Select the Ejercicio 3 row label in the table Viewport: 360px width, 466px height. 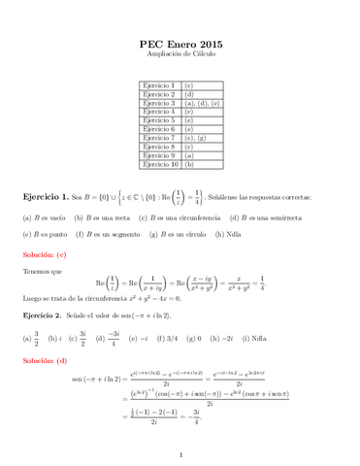159,102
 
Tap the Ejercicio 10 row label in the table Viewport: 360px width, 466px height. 160,164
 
